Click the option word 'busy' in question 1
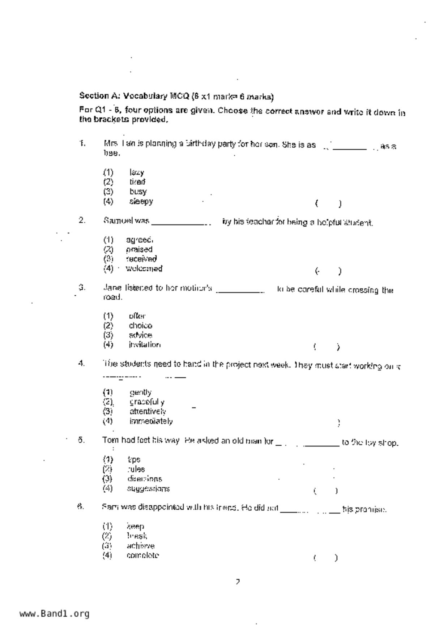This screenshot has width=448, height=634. (x=138, y=192)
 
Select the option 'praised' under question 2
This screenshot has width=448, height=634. (x=139, y=249)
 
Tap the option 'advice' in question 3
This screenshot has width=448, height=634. (x=141, y=335)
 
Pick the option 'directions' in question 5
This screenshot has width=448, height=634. (x=145, y=479)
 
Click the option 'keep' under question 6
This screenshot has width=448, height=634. (x=135, y=526)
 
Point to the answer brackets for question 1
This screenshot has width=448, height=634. (x=328, y=204)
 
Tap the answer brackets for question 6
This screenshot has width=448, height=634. (x=326, y=558)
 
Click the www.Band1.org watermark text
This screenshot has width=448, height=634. (x=54, y=614)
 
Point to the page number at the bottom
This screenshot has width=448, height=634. (x=238, y=582)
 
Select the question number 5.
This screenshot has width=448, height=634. (x=81, y=440)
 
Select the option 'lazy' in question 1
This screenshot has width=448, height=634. (x=137, y=172)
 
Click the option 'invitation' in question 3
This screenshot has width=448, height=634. (x=145, y=344)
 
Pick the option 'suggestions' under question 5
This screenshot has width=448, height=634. (x=148, y=489)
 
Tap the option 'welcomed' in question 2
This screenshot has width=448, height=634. (x=144, y=269)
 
